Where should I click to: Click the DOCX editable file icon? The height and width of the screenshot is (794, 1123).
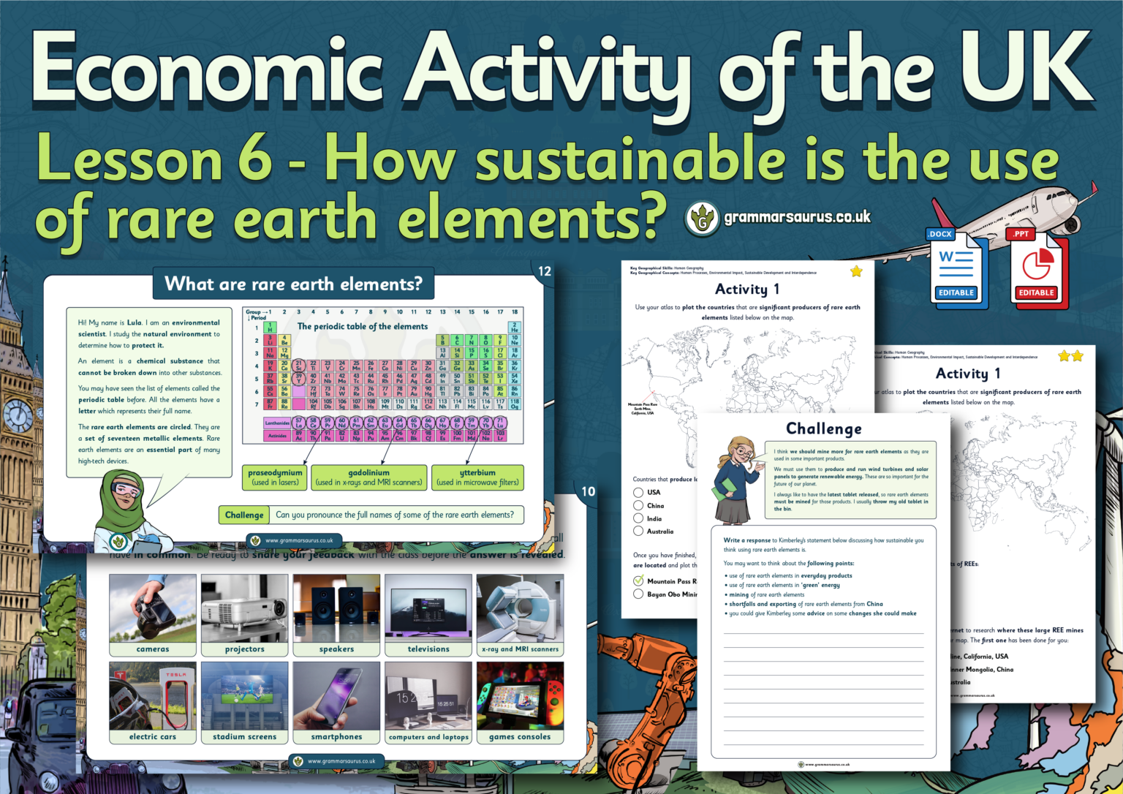coord(956,268)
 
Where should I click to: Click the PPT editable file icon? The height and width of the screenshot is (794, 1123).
coord(1036,268)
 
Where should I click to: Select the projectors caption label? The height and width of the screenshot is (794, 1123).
coord(244,649)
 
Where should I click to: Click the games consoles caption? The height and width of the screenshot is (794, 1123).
coord(520,737)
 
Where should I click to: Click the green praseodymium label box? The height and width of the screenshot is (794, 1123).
coord(275,477)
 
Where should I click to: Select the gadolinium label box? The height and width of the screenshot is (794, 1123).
coord(368,477)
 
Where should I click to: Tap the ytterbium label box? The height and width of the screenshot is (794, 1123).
coord(477,477)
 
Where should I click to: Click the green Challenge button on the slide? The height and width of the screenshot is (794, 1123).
coord(244,515)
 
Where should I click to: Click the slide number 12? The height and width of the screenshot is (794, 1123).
coord(545,271)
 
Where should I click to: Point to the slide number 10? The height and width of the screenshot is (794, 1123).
coord(589,491)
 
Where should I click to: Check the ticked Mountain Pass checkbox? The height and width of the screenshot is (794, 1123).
coord(638,581)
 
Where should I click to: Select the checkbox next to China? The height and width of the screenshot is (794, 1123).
coord(638,505)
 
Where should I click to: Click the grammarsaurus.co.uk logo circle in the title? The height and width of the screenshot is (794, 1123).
coord(703,219)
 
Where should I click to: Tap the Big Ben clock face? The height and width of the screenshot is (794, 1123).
coord(18,417)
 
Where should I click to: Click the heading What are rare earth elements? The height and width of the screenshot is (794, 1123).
coord(293,284)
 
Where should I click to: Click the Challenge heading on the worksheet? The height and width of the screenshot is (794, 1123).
coord(823,428)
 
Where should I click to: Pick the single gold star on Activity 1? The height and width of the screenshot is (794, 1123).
coord(856,271)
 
